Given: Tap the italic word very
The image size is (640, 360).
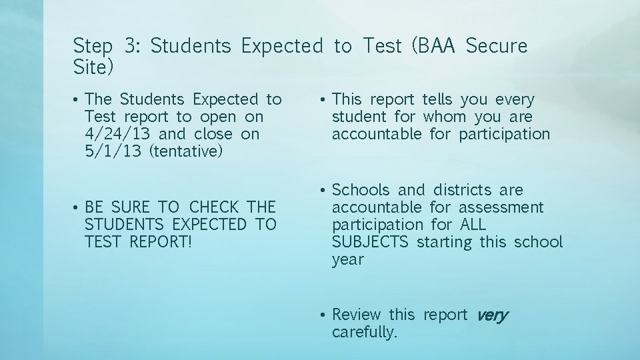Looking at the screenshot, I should click(x=493, y=315).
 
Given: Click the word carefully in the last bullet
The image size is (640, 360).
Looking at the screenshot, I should click(x=364, y=332).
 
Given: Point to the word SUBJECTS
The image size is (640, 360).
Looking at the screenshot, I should click(x=370, y=242).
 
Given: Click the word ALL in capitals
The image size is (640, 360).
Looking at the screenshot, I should click(x=473, y=225).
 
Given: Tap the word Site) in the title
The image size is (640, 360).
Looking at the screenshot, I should click(x=93, y=67).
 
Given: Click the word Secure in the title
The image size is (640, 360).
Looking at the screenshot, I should click(x=497, y=46).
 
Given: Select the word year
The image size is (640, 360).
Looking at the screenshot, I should click(x=348, y=259).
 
